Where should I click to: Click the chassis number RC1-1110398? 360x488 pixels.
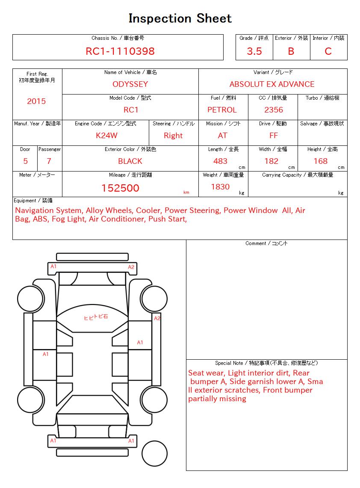coord(120,51)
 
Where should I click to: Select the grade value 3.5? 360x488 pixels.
coord(254,51)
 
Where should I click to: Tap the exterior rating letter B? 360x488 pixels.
coord(291,51)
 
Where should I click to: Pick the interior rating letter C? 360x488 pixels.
coord(328,51)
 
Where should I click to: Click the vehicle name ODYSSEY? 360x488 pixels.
coord(130,84)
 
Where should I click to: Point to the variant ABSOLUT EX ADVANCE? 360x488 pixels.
coord(272,84)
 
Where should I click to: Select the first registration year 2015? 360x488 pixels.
coord(36,101)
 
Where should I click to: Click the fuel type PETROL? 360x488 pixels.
coord(222,110)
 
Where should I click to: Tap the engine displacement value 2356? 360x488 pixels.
coord(274,110)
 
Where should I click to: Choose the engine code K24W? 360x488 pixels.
coord(106,136)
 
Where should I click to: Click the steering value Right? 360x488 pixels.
coord(173,136)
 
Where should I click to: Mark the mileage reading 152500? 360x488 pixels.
coord(120,188)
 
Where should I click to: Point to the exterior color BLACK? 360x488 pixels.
coord(130,161)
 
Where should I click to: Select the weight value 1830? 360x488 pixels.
coord(220,187)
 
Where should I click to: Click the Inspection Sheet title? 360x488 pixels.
coord(180,18)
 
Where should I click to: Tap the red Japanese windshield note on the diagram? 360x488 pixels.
coord(96,317)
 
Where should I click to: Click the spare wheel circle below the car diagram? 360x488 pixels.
coord(154,453)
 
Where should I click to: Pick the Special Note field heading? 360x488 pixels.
coord(266,363)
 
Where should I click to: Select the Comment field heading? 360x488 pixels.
coord(266,243)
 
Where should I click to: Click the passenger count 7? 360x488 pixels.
coord(49,161)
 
